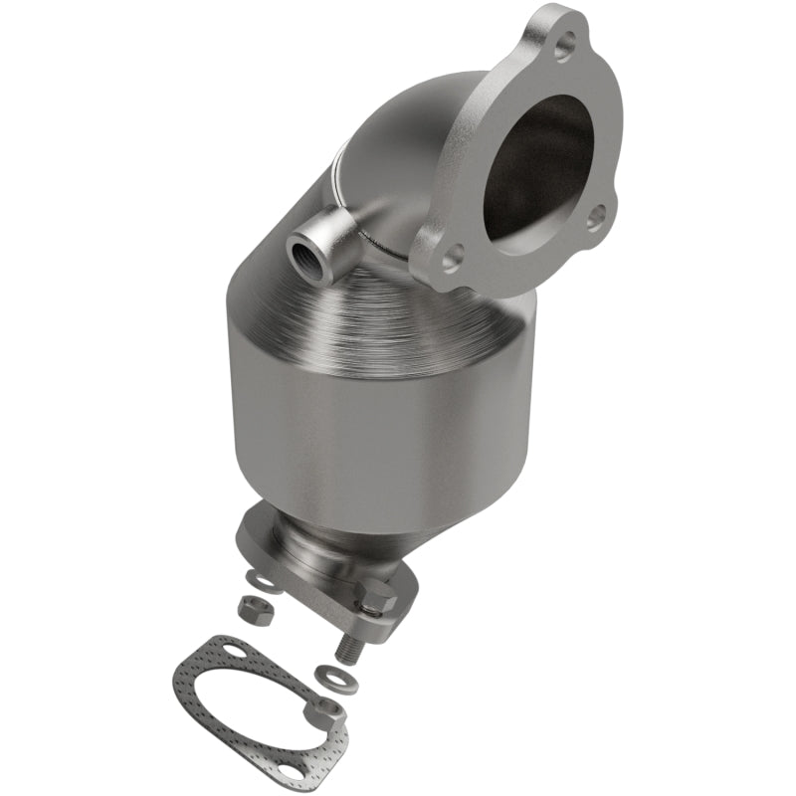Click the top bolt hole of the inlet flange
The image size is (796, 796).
pos(565,43)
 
